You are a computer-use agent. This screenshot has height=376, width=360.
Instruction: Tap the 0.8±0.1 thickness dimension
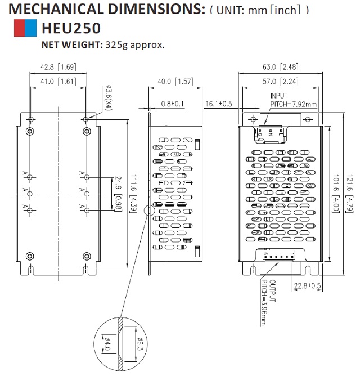173,104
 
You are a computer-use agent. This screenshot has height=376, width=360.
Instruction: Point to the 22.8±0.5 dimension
307,285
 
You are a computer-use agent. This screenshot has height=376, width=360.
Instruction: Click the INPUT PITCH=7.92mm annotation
293,100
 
